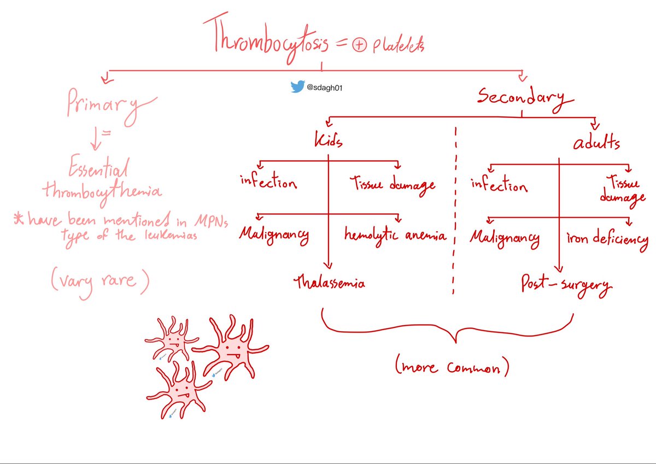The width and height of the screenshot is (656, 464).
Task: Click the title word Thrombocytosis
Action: (x=266, y=38)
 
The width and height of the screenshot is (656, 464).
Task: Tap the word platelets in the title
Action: (x=398, y=45)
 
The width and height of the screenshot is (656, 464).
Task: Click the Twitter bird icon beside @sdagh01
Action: (x=297, y=86)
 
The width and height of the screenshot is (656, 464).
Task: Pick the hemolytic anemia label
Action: (x=395, y=236)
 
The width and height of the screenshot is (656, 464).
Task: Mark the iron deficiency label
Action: (x=607, y=239)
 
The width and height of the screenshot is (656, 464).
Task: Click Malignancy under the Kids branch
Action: (x=274, y=236)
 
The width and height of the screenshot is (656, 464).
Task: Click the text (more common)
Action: (x=452, y=367)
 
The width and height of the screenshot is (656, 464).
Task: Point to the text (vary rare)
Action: (x=100, y=281)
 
